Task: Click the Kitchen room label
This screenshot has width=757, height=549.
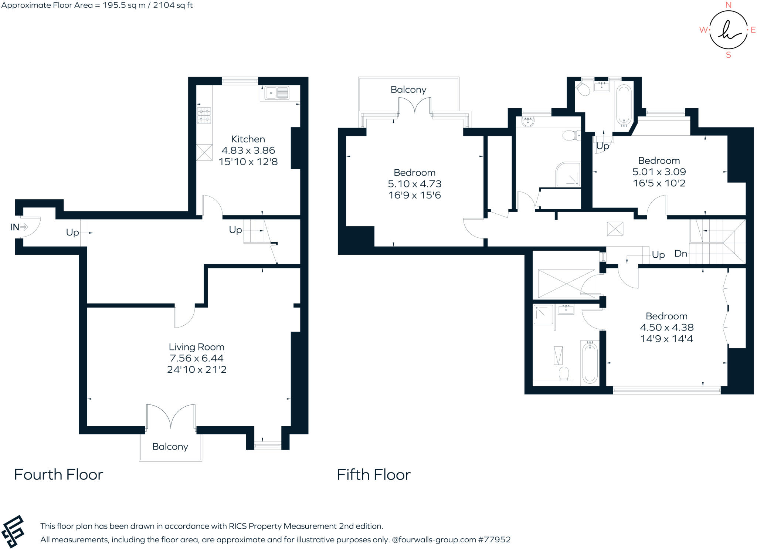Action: [x=248, y=139]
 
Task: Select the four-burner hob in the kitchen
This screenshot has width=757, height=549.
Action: [x=204, y=115]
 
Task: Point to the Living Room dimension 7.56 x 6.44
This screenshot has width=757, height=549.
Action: [x=196, y=358]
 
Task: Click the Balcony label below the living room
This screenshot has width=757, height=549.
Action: [x=170, y=447]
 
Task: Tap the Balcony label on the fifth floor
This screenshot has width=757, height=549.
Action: [x=408, y=89]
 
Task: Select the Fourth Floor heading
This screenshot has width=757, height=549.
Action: [x=58, y=475]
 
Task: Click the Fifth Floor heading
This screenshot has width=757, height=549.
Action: [x=373, y=475]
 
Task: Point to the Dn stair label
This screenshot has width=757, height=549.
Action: [x=680, y=254]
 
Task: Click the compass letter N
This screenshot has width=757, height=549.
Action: [x=729, y=5]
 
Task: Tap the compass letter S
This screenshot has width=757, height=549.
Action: [x=729, y=55]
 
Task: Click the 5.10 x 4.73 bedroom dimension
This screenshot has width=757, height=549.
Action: [x=414, y=184]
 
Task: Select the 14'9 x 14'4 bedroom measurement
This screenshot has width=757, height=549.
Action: [x=666, y=339]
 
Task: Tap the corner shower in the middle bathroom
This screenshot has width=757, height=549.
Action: [x=568, y=174]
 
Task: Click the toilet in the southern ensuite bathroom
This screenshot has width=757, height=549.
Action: [x=564, y=374]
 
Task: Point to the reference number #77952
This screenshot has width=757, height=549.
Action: [x=494, y=539]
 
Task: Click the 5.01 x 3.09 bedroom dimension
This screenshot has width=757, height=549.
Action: [x=659, y=172]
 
